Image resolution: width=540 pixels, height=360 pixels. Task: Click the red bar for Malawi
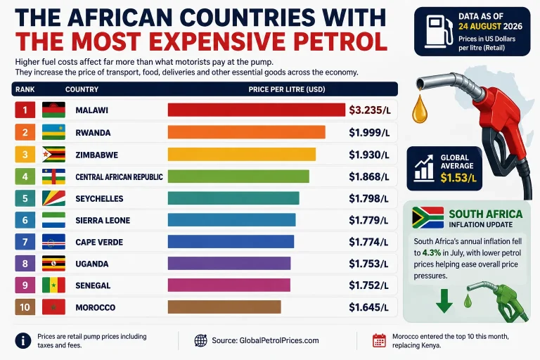(257, 110)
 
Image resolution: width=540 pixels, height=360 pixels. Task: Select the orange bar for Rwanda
(247, 132)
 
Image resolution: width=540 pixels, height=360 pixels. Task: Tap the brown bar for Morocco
(224, 307)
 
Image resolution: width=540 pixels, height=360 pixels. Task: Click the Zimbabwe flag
(53, 154)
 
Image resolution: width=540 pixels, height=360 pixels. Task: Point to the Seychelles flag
(53, 198)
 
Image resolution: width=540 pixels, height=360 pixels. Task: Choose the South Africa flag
(427, 217)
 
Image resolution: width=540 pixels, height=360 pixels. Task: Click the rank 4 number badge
(25, 176)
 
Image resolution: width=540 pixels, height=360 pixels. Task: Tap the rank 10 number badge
(25, 307)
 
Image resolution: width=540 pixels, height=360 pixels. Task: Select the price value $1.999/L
(369, 133)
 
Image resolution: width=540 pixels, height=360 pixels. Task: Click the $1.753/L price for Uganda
(368, 264)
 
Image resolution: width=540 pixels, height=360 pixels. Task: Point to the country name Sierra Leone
(103, 221)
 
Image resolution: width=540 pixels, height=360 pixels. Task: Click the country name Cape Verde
(99, 242)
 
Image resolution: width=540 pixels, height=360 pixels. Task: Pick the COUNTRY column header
(82, 89)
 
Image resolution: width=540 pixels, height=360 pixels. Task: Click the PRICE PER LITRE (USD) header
(287, 89)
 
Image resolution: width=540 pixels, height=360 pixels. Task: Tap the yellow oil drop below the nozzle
(420, 109)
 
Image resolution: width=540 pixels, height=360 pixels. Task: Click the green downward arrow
(444, 301)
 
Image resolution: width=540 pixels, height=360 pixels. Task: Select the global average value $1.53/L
(458, 178)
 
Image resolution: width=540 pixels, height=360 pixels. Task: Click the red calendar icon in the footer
(379, 340)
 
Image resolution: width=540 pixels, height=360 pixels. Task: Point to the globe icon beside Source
(201, 340)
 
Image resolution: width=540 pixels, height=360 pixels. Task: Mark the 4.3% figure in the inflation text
(432, 253)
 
